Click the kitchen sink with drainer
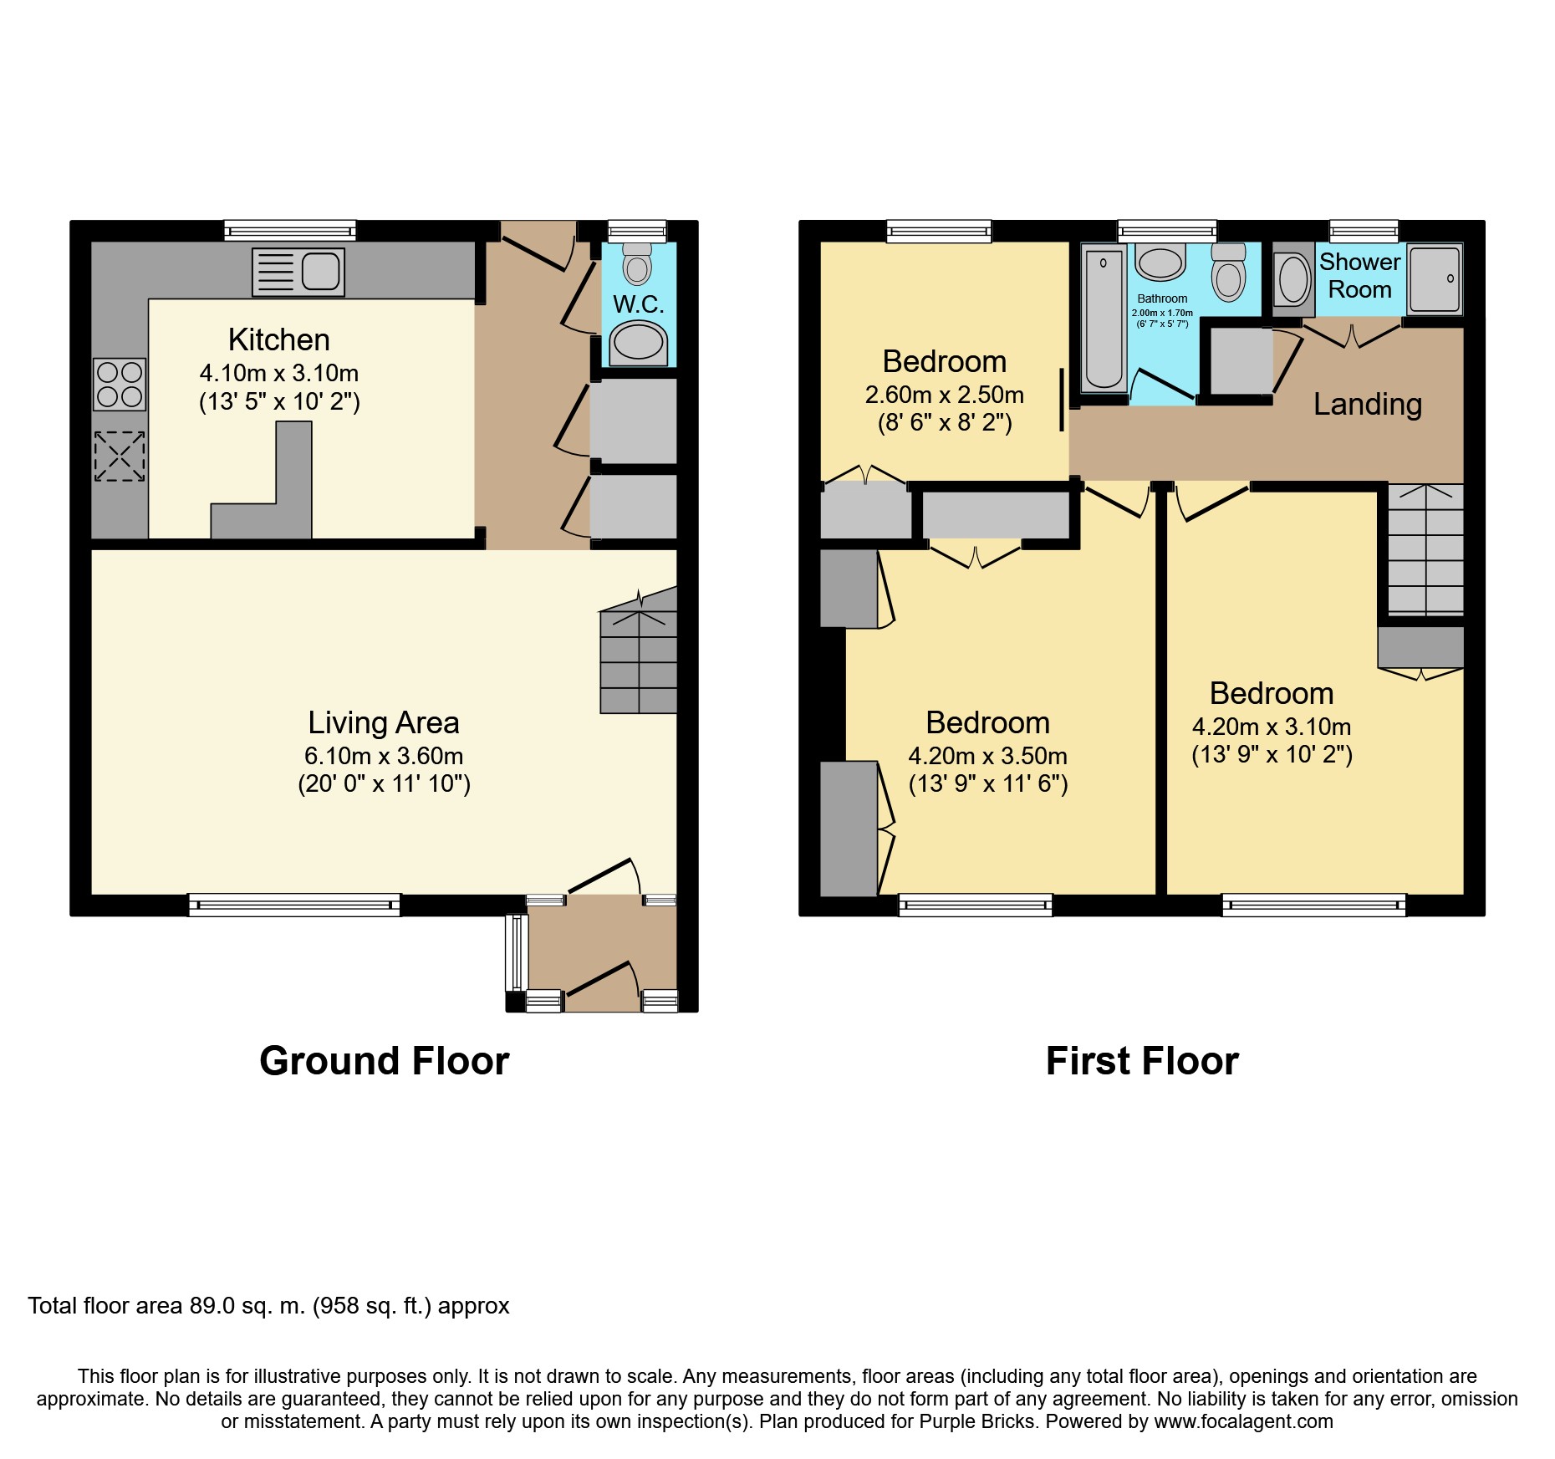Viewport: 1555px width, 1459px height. point(298,272)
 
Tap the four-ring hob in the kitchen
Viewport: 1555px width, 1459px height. point(120,384)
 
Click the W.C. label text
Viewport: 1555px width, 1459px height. point(639,304)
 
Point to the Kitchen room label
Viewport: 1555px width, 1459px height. point(279,339)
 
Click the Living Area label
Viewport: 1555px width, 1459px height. point(384,722)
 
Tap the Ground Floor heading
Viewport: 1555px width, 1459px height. point(385,1061)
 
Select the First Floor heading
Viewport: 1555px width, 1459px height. point(1142,1061)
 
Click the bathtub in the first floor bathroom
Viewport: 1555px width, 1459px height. point(1104,319)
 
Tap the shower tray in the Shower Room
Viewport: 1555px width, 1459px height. point(1435,278)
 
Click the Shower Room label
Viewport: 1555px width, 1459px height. point(1360,276)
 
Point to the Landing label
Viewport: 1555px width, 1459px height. point(1368,404)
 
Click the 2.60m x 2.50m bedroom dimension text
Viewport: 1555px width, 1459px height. point(945,395)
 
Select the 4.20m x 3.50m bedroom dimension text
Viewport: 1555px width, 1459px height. point(988,756)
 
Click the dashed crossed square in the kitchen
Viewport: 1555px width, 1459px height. point(119,457)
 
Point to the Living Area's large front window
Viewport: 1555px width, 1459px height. point(294,905)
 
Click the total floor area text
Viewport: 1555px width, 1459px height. point(268,1306)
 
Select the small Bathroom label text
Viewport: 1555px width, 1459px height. point(1162,298)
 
